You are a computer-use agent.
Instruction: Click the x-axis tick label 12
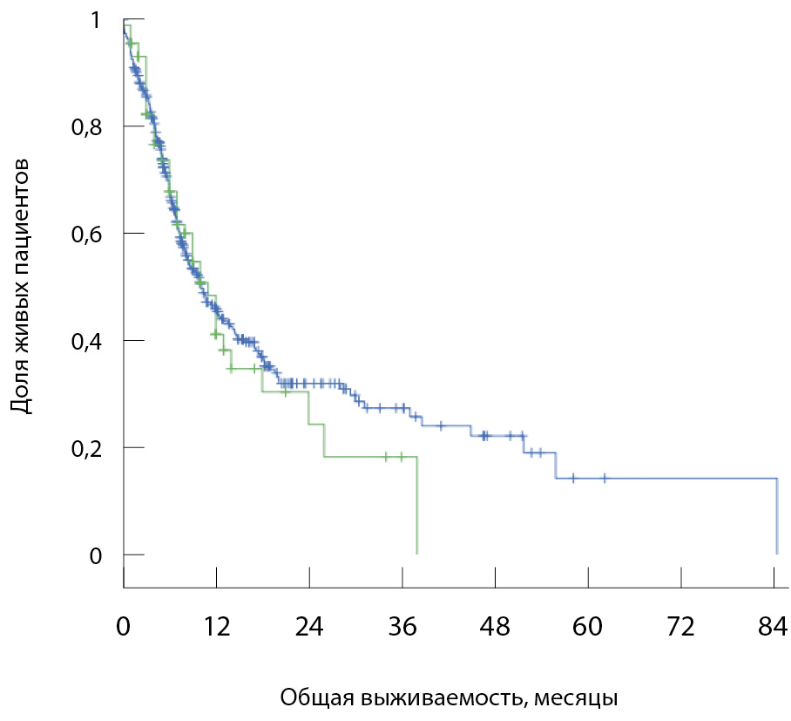pos(216,627)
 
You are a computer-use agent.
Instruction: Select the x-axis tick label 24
pos(309,627)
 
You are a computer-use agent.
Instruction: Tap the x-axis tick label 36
pos(402,627)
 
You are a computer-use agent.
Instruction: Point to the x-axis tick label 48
pos(495,627)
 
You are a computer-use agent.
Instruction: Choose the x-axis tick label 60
pos(588,627)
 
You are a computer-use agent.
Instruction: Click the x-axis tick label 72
pos(681,627)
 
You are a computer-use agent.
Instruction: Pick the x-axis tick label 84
pos(774,627)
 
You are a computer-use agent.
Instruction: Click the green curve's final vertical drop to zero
pos(417,506)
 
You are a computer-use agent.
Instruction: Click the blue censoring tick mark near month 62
pos(605,478)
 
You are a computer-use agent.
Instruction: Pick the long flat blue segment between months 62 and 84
pos(688,479)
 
